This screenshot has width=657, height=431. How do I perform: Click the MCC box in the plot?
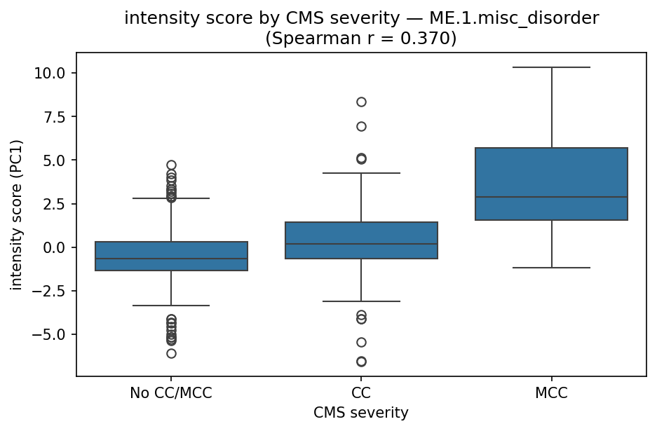(x=551, y=184)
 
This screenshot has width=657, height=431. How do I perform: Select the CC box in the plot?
(x=361, y=240)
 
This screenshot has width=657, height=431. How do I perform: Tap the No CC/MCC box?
(x=171, y=256)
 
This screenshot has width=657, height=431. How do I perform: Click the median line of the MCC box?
(x=551, y=197)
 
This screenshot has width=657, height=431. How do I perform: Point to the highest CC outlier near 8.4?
(x=361, y=102)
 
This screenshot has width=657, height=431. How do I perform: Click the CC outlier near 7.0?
(x=361, y=126)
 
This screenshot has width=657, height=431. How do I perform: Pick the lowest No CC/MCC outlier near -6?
(x=171, y=353)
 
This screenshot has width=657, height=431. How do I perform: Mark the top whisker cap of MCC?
(x=551, y=67)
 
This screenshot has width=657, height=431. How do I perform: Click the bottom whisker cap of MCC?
(x=551, y=268)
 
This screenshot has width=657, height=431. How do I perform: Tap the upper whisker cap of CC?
(x=361, y=172)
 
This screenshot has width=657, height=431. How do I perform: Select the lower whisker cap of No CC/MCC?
(x=171, y=306)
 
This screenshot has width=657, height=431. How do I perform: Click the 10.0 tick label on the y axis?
(x=53, y=74)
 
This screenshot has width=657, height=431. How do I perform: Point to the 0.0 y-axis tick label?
(x=57, y=247)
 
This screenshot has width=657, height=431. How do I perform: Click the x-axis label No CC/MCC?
(x=171, y=393)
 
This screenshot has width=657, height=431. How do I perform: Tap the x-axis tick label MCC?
(x=551, y=393)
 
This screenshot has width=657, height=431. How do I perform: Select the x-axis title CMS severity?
(x=361, y=413)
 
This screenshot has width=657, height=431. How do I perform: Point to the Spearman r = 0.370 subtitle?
(x=361, y=38)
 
